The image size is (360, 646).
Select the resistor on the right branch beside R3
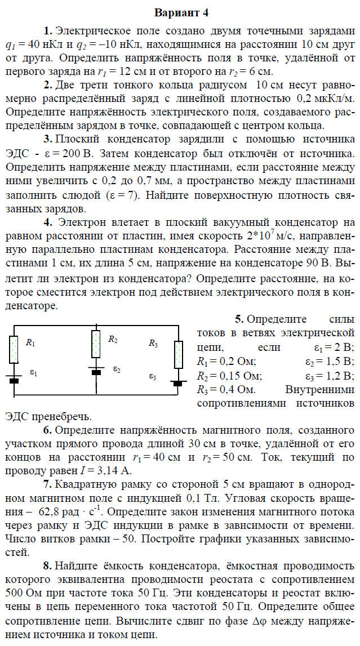179,355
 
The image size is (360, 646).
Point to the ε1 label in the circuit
33,373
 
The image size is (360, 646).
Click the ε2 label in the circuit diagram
117,369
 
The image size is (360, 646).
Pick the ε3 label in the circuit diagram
153,375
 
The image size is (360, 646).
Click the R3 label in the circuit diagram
154,343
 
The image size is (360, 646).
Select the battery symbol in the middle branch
96,371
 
